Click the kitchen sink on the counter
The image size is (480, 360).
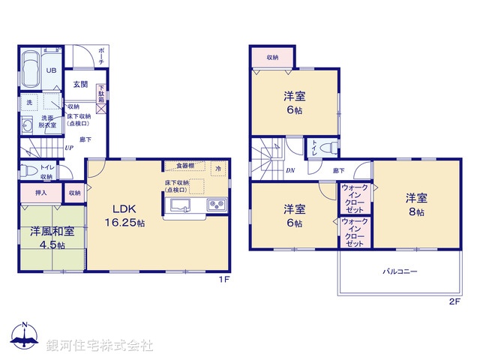point(181,205)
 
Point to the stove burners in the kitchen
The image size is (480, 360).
point(217,205)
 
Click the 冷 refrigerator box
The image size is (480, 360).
point(217,169)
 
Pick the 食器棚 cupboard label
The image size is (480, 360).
point(185,165)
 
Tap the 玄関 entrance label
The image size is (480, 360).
point(79,85)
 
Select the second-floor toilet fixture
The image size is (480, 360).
point(325,149)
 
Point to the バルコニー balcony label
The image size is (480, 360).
point(400,271)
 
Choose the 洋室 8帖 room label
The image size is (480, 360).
point(417,205)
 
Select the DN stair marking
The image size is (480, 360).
point(289,171)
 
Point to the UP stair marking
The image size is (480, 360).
point(68,148)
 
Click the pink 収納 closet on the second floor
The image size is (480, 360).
point(271,57)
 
